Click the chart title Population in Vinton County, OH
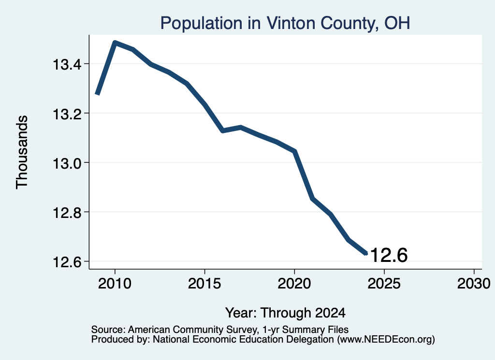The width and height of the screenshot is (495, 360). [285, 23]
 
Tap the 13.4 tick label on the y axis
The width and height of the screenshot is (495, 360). [67, 65]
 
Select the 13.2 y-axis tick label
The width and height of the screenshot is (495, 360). [67, 114]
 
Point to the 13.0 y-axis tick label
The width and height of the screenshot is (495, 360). [67, 163]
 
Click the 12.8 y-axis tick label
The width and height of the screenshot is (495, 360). [67, 213]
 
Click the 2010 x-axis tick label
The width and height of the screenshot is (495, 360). [115, 283]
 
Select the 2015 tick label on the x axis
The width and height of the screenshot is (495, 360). [204, 283]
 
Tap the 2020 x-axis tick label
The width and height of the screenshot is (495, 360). [294, 283]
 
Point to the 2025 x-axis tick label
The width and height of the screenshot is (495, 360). [384, 283]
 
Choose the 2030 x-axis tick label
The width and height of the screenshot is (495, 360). [474, 283]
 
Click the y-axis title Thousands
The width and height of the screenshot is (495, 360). [22, 152]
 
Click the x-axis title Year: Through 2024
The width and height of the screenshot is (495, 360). [285, 313]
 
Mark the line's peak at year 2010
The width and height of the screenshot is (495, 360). [115, 43]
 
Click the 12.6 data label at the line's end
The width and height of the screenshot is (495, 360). [389, 255]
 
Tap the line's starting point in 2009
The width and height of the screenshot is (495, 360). [97, 94]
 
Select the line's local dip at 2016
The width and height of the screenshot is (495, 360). [223, 130]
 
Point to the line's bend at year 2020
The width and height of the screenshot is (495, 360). [294, 151]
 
